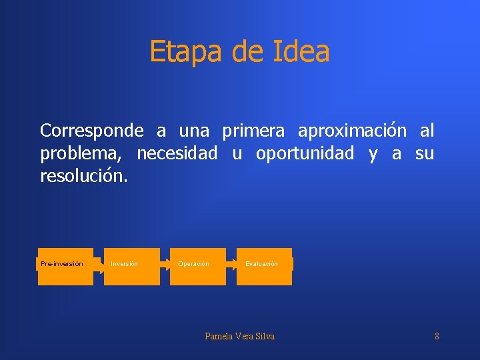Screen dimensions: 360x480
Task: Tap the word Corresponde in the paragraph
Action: point(91,130)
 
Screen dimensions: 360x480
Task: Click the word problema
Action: point(81,154)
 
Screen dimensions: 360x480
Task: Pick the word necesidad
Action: point(177,154)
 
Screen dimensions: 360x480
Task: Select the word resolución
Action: point(83,178)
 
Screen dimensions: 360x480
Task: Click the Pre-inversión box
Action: point(65,265)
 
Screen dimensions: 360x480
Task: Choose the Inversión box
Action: point(131,265)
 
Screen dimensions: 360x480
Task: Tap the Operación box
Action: point(197,265)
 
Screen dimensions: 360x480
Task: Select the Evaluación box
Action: point(264,265)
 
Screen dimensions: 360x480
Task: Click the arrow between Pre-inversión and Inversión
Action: point(99,265)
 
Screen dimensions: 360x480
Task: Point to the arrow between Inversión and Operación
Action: point(165,265)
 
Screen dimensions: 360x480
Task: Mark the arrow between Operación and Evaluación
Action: point(231,265)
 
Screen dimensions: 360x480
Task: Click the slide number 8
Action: point(437,336)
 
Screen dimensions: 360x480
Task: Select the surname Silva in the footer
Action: point(264,336)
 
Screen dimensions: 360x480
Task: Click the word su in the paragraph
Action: point(424,154)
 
